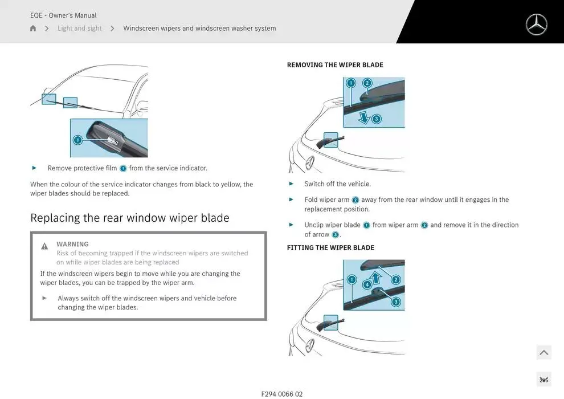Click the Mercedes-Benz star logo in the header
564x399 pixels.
(x=536, y=25)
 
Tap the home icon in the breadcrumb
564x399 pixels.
(x=33, y=28)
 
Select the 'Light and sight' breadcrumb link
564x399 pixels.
(x=79, y=28)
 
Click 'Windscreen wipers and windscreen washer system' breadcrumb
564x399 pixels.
(x=199, y=28)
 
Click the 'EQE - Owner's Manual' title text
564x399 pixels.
(x=63, y=15)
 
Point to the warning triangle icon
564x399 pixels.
(x=44, y=246)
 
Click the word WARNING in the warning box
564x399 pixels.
(x=72, y=244)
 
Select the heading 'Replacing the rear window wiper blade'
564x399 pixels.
(x=129, y=218)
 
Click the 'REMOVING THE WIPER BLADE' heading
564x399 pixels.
(x=334, y=65)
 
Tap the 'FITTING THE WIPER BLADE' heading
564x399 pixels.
(x=330, y=248)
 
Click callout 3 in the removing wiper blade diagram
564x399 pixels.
(x=376, y=119)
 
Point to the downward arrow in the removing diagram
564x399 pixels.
(x=363, y=117)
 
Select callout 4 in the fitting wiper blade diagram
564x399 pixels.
(x=367, y=284)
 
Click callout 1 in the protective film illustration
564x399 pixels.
(x=77, y=140)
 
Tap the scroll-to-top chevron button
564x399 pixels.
(x=543, y=353)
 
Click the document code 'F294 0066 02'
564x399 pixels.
(x=281, y=394)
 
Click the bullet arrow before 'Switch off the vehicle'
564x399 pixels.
(x=291, y=184)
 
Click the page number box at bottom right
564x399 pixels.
(x=543, y=380)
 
